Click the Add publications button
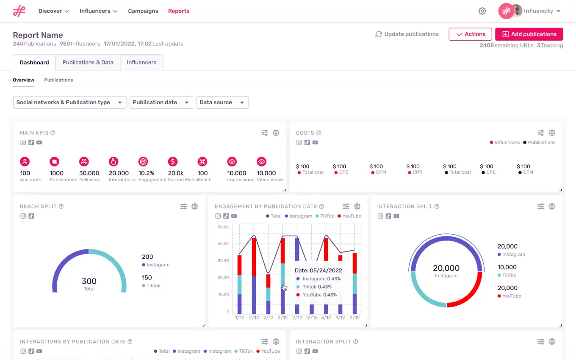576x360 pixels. click(529, 34)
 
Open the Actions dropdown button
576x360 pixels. click(470, 34)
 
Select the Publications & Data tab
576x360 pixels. click(88, 62)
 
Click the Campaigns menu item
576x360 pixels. click(143, 11)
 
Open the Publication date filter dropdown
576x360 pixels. click(161, 102)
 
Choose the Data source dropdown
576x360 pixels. click(222, 102)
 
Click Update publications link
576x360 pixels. click(407, 34)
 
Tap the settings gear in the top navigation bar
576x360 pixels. click(482, 11)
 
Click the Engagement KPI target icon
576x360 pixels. click(143, 161)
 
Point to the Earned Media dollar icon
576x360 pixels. click(172, 161)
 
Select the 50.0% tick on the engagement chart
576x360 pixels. click(223, 227)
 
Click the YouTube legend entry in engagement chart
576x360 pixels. click(349, 216)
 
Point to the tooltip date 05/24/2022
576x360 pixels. click(318, 271)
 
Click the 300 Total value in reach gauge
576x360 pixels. click(89, 282)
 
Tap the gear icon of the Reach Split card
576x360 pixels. click(195, 207)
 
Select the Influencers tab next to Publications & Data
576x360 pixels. click(141, 62)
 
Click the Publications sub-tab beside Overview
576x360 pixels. click(58, 80)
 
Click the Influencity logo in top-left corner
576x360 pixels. click(19, 11)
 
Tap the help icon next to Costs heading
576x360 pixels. click(319, 133)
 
